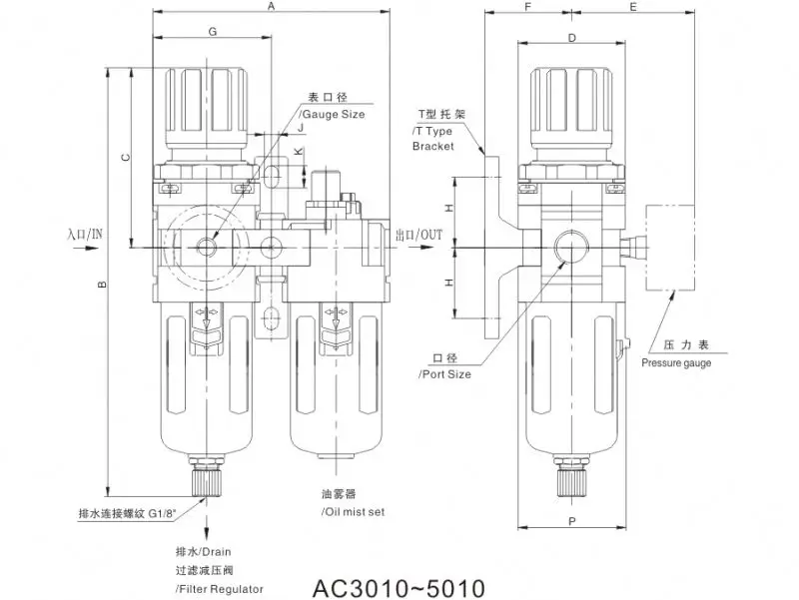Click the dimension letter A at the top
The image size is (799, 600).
pyautogui.click(x=271, y=7)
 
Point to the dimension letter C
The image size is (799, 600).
pyautogui.click(x=124, y=157)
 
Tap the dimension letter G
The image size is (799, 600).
pyautogui.click(x=212, y=32)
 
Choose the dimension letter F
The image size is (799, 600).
pyautogui.click(x=527, y=7)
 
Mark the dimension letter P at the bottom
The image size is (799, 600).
pyautogui.click(x=570, y=520)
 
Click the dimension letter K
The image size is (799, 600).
pyautogui.click(x=299, y=151)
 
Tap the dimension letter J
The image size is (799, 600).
pyautogui.click(x=301, y=128)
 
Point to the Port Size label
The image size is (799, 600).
pyautogui.click(x=444, y=374)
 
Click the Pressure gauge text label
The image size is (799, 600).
pyautogui.click(x=676, y=363)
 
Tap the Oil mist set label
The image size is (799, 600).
pyautogui.click(x=353, y=511)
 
